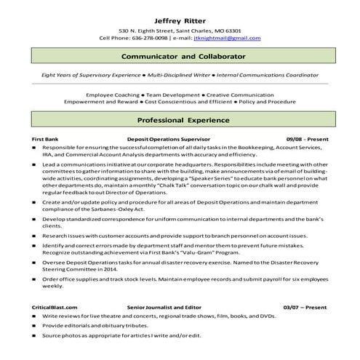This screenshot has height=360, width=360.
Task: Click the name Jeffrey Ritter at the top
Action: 180,20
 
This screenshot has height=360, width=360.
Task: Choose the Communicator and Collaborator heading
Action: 180,56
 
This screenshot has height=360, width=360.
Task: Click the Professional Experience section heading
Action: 180,117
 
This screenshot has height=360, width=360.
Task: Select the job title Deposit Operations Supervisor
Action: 161,136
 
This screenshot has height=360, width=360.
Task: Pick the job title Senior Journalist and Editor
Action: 164,308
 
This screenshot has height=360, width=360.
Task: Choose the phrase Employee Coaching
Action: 111,95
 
